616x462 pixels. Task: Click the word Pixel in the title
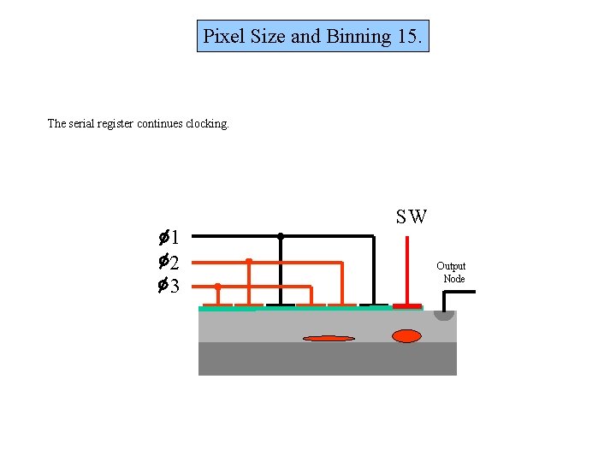click(222, 37)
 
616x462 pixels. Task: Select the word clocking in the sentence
click(208, 123)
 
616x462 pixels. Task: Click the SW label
click(412, 216)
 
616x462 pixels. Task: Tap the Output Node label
click(452, 272)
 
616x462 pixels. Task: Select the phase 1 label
click(167, 237)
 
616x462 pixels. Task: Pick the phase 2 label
click(167, 262)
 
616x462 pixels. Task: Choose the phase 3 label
click(167, 286)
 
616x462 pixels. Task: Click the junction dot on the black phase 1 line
click(281, 235)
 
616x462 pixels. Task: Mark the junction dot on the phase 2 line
click(248, 261)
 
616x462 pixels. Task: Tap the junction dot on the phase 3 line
click(217, 286)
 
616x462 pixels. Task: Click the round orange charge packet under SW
click(406, 335)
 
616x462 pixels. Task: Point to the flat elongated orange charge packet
click(329, 338)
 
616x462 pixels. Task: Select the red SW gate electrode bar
click(407, 305)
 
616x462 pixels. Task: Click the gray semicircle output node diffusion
click(444, 314)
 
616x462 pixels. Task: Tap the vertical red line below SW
click(406, 265)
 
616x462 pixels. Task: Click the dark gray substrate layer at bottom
click(328, 359)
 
